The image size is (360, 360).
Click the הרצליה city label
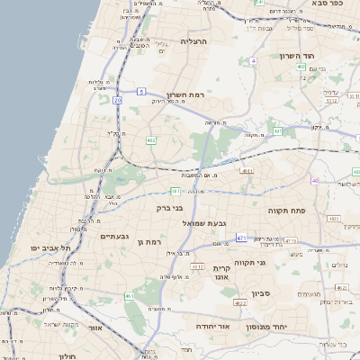pyautogui.click(x=193, y=41)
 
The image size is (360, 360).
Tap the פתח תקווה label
pyautogui.click(x=287, y=210)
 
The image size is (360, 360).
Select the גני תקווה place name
pyautogui.click(x=256, y=263)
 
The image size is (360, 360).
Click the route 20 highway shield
pyautogui.click(x=117, y=100)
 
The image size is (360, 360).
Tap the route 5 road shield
pyautogui.click(x=141, y=91)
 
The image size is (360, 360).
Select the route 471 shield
pyautogui.click(x=240, y=237)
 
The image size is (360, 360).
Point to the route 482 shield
pyautogui.click(x=150, y=140)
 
